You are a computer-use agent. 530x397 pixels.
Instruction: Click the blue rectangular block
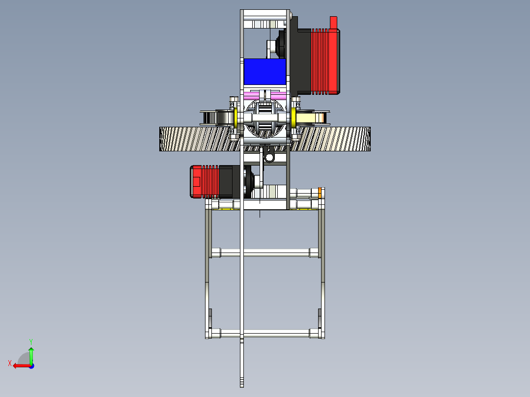[265, 71]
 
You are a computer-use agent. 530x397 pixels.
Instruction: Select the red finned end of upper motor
[325, 60]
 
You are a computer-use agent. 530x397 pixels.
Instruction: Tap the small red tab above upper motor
[334, 22]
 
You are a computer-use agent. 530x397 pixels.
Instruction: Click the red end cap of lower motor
[196, 182]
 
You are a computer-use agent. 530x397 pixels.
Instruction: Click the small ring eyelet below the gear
[269, 157]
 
